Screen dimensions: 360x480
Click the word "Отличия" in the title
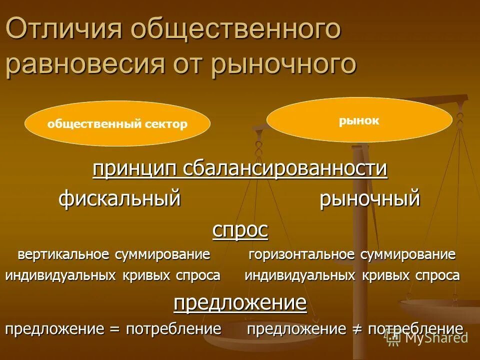tap(64, 30)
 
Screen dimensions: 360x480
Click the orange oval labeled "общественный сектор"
tap(117, 124)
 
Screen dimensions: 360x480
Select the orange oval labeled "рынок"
tap(359, 120)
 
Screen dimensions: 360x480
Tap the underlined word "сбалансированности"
tap(285, 169)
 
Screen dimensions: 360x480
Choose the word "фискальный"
tap(119, 199)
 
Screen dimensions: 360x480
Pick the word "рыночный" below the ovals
tap(369, 199)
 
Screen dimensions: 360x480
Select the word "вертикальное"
tap(64, 254)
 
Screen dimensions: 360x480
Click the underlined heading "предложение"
tap(240, 302)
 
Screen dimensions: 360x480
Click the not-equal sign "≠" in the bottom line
tap(356, 329)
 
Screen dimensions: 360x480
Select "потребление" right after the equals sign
tap(173, 329)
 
